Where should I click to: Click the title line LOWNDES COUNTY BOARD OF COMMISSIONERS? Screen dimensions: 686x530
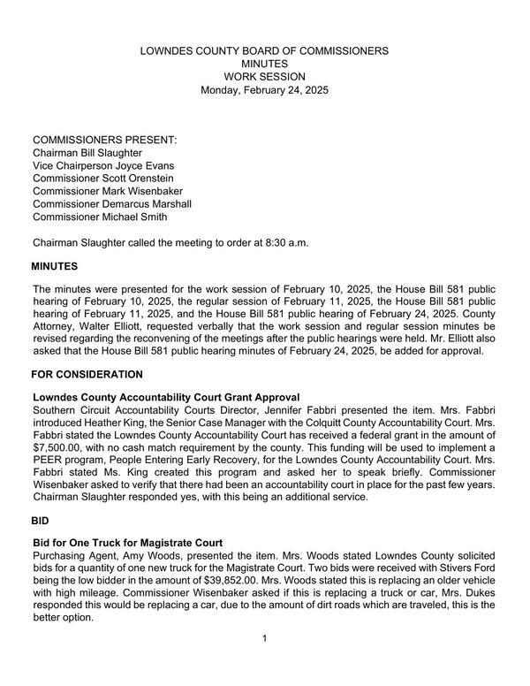point(264,51)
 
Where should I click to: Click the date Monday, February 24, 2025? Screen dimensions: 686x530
point(264,90)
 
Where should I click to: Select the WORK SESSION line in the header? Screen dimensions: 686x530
point(264,77)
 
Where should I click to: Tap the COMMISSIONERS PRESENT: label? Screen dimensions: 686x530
point(104,141)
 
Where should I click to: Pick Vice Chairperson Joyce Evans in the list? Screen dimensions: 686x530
point(103,166)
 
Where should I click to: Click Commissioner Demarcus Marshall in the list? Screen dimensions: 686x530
point(112,204)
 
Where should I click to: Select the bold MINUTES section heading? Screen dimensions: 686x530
point(55,266)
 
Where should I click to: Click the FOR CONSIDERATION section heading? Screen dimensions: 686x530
point(87,375)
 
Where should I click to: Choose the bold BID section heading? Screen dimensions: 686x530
point(41,522)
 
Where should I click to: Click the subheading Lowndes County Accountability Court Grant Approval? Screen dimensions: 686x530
point(166,397)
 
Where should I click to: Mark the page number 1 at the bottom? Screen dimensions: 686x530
point(264,638)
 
